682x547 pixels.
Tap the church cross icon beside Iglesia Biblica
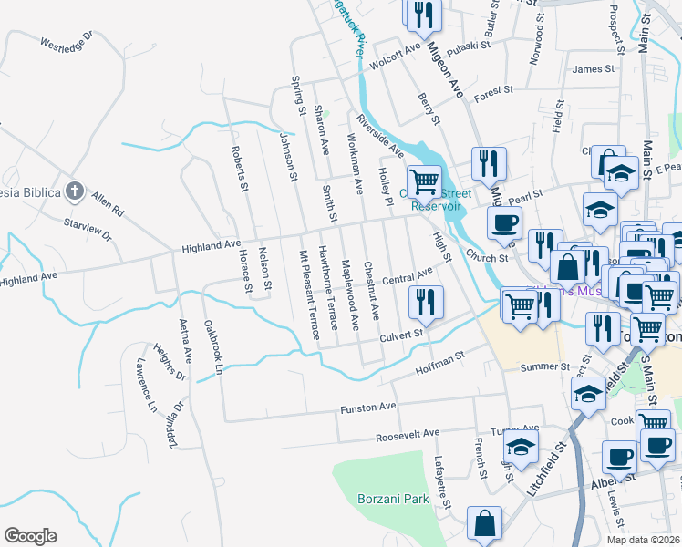click(75, 191)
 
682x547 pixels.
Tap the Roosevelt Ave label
click(408, 433)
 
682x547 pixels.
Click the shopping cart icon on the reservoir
click(424, 181)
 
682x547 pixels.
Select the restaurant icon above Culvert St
click(425, 302)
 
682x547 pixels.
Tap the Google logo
click(31, 536)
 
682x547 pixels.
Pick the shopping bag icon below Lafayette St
click(484, 524)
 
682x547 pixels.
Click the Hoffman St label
click(440, 362)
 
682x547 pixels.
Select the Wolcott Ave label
click(395, 47)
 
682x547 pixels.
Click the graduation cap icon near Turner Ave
click(521, 448)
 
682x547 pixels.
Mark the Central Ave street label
click(407, 276)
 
